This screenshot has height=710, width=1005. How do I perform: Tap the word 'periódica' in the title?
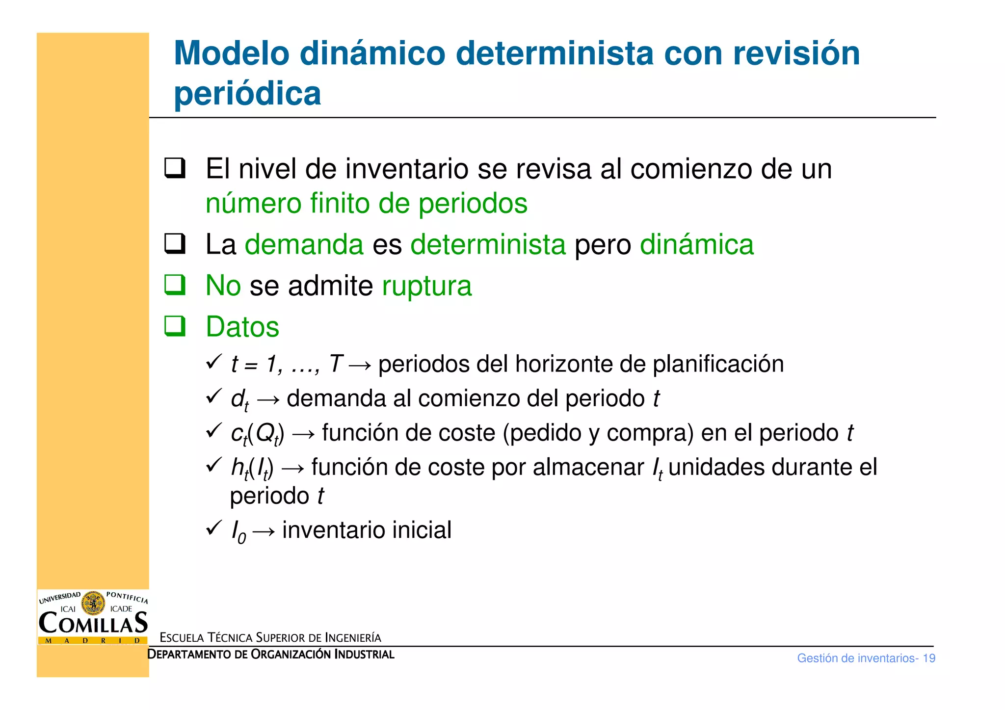[x=247, y=93]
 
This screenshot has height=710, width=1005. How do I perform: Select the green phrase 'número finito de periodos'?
[x=366, y=203]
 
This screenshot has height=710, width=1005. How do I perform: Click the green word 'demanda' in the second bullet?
[x=304, y=244]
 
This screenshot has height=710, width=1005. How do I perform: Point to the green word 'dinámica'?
[x=696, y=244]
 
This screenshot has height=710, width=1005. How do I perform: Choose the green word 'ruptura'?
[x=426, y=286]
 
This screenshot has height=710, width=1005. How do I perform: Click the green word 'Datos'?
[x=242, y=327]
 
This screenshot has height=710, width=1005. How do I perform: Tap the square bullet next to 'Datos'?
[x=175, y=326]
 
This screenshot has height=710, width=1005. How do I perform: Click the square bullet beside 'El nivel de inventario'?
[x=175, y=168]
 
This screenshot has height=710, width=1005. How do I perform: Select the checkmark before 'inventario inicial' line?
[x=214, y=528]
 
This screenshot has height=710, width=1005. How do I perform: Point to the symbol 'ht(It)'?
[x=252, y=468]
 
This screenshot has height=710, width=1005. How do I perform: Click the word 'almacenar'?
[x=588, y=467]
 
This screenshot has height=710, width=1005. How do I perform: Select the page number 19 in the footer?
[x=928, y=658]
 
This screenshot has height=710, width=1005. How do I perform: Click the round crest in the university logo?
[x=93, y=603]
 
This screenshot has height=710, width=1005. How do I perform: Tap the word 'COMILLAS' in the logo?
[x=93, y=623]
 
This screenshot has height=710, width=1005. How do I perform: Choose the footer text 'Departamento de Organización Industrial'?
[x=271, y=655]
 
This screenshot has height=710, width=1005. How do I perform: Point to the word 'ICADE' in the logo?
[x=121, y=609]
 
